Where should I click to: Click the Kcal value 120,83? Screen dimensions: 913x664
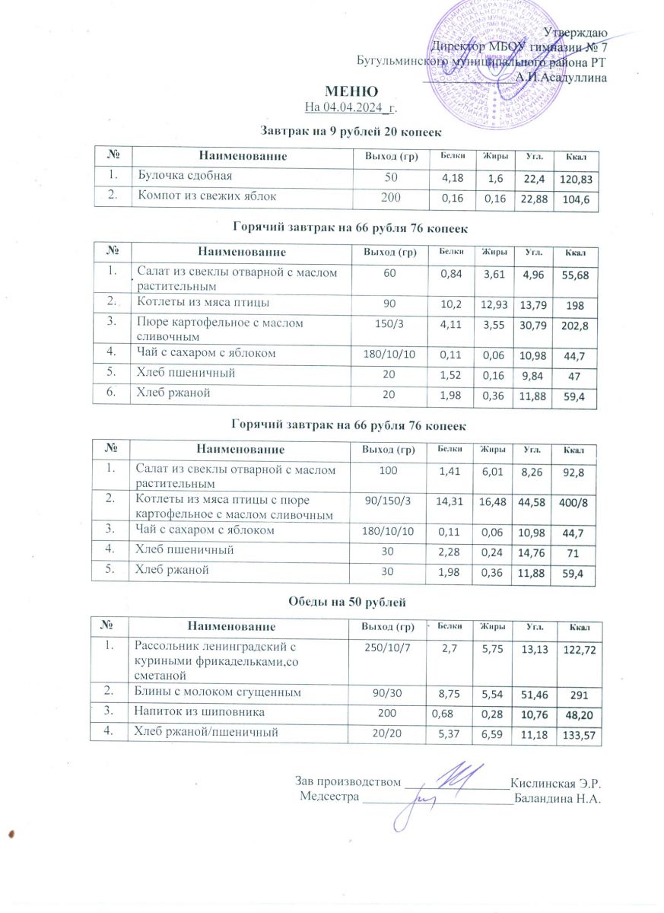click(x=575, y=180)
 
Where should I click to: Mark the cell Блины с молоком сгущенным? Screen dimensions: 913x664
click(x=223, y=692)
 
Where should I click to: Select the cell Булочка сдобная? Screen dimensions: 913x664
click(x=183, y=176)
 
